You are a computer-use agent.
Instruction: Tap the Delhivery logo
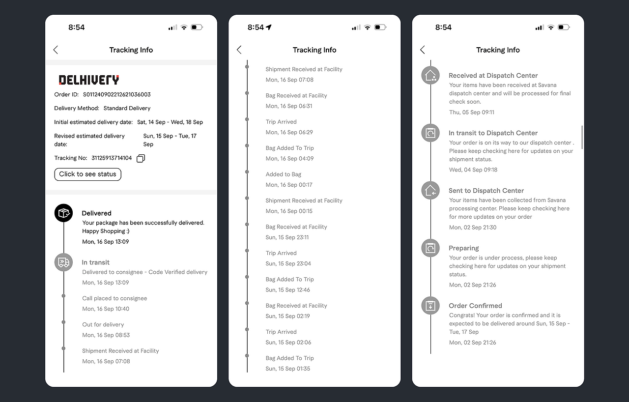[89, 80]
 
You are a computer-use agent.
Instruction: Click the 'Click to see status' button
[87, 174]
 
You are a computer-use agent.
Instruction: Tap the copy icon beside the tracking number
[141, 158]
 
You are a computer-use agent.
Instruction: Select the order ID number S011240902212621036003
[117, 95]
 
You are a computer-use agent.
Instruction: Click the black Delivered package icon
[63, 213]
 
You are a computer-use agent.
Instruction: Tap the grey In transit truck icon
[63, 262]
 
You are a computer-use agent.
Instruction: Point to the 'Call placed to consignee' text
[114, 298]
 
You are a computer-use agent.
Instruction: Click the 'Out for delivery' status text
[103, 324]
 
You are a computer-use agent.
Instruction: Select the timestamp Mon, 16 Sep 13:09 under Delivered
[106, 242]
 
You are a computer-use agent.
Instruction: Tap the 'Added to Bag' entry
[284, 174]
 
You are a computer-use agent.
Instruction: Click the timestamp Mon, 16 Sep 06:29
[289, 132]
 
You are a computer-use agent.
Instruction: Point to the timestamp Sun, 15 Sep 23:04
[288, 263]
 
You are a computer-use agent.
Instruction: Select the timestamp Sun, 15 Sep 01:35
[288, 369]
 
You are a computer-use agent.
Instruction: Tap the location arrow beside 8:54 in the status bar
[269, 27]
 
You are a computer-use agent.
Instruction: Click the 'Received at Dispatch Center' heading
[493, 76]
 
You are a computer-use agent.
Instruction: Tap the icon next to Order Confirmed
[430, 305]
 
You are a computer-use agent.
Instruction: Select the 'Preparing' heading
[463, 248]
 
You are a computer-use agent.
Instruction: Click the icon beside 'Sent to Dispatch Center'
[430, 190]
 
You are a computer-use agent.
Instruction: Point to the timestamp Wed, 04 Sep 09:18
[473, 170]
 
